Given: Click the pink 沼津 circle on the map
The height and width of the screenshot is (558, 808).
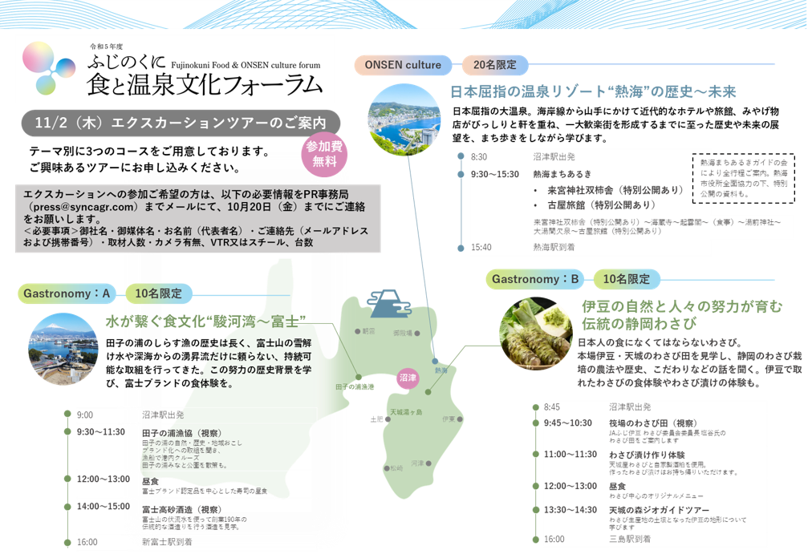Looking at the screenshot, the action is [x=408, y=378].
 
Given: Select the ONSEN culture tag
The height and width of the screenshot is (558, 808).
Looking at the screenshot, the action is [x=403, y=65].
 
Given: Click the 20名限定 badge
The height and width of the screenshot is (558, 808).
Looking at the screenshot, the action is [x=494, y=65].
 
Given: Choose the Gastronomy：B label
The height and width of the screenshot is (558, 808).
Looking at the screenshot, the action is [x=535, y=279].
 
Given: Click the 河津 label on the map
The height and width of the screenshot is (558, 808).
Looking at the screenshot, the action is [x=417, y=463].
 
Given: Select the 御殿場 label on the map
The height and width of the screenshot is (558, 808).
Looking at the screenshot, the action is [x=401, y=332].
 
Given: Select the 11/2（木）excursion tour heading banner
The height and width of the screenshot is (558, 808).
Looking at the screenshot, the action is [x=181, y=123].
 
